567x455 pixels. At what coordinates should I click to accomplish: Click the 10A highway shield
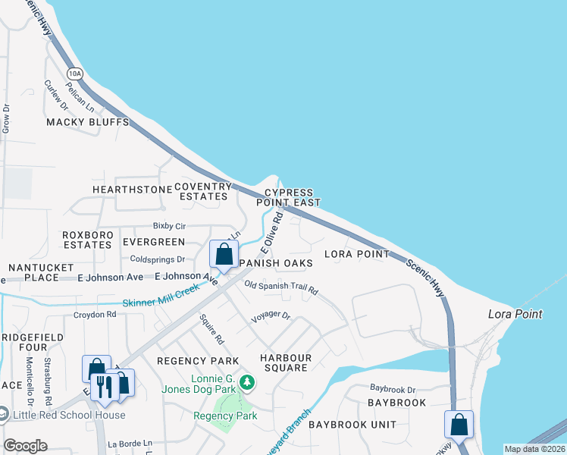(74, 74)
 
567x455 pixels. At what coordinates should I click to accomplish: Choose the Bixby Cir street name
(169, 226)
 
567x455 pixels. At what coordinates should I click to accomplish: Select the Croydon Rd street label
(95, 314)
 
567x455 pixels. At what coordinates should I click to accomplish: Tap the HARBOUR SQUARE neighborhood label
(284, 362)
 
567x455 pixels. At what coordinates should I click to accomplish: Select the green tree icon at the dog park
(246, 382)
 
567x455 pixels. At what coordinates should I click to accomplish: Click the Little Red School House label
(69, 414)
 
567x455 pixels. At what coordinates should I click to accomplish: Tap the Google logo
(25, 446)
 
